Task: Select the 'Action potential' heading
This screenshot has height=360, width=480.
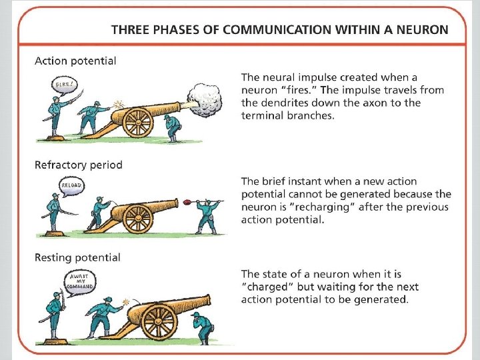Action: [75, 61]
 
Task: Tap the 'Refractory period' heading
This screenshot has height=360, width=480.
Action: [79, 165]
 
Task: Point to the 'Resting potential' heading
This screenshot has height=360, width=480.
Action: [77, 257]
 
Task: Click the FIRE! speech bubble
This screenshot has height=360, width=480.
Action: [65, 86]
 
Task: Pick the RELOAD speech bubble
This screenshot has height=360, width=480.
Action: [71, 186]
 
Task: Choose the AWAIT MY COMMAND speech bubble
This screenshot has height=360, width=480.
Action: [80, 282]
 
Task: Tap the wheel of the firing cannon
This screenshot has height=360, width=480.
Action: [137, 122]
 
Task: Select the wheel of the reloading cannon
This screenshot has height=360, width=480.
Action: [137, 219]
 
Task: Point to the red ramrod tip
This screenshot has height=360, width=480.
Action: [187, 202]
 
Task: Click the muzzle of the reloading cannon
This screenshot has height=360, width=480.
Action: [176, 203]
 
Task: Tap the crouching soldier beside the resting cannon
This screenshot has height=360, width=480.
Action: [202, 328]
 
